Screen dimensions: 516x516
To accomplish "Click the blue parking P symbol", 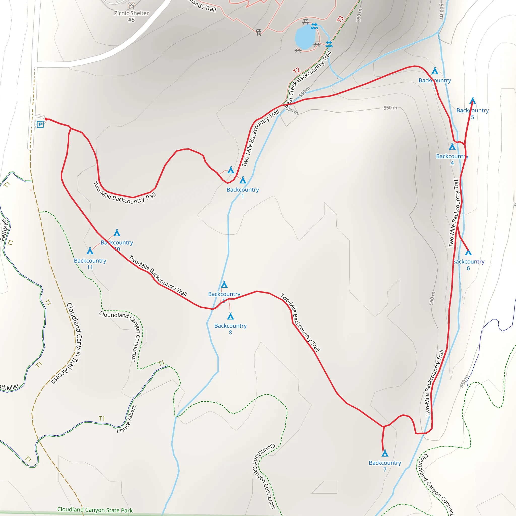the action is coord(40,124).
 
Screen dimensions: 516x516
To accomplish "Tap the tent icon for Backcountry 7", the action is coord(385,453).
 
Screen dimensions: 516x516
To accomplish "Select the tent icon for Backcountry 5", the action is coord(472,101).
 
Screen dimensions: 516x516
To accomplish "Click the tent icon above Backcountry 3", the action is coord(435,71).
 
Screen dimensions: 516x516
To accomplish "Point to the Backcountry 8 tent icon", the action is coord(231,316).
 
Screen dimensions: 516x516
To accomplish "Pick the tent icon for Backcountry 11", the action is coord(90,251).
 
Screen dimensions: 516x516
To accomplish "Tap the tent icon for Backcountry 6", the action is coord(468,252).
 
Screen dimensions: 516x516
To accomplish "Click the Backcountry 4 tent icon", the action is coord(452,147).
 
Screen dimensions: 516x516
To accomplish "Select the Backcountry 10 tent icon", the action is coord(117,233).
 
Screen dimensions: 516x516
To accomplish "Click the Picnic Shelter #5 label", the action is coord(131,16).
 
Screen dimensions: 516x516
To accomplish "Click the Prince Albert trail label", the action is coord(126,419).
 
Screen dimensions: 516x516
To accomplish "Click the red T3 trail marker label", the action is coord(340,19).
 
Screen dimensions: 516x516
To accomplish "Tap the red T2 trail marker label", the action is coord(297,71).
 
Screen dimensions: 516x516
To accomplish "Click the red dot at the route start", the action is coord(46,119).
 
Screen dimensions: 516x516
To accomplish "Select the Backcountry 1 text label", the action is coord(243,193).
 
